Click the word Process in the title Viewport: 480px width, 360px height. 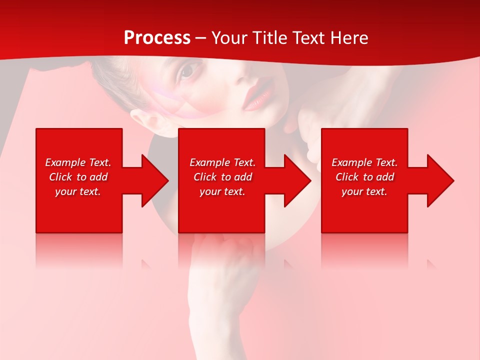click(x=157, y=38)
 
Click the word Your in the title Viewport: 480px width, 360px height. click(x=230, y=38)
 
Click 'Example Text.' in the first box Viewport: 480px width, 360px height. click(x=78, y=162)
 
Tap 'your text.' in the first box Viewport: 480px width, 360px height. click(x=78, y=191)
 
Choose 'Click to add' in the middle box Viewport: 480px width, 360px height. click(x=222, y=177)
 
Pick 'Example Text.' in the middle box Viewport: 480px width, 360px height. click(x=222, y=162)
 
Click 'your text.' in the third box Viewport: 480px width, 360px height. click(x=364, y=191)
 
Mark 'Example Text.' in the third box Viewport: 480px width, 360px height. click(x=364, y=162)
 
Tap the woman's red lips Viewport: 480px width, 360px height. click(x=258, y=96)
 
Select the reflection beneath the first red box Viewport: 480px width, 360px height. click(x=79, y=250)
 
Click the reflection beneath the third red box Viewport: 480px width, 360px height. click(x=364, y=250)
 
